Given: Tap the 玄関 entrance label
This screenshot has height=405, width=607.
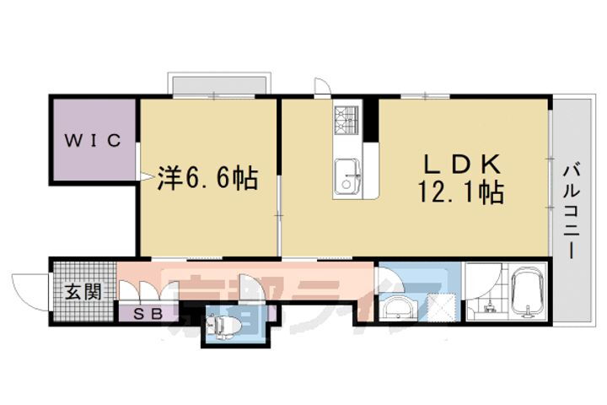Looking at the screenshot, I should tap(83, 292).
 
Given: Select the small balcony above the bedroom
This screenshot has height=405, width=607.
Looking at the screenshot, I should tap(220, 84).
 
